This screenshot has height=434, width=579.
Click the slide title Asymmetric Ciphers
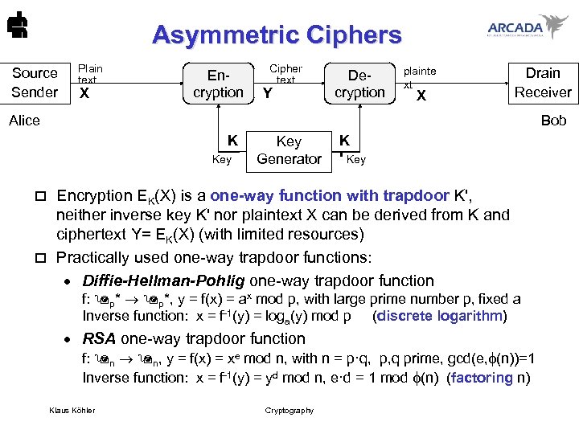tap(276, 35)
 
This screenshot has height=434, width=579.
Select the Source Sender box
tap(35, 82)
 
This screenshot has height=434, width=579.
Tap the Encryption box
tap(218, 84)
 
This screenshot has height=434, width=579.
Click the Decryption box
tap(359, 84)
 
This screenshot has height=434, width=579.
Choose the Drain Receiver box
tap(543, 82)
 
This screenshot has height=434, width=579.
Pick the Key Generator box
tap(289, 150)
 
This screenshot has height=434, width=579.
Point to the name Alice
tap(24, 121)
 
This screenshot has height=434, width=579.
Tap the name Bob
tap(553, 121)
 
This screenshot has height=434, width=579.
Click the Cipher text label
tap(285, 74)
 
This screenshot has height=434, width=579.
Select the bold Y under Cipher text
tap(268, 95)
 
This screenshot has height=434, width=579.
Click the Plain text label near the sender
tap(89, 74)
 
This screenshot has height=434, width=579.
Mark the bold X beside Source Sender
tap(83, 94)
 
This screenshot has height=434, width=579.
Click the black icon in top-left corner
tap(14, 29)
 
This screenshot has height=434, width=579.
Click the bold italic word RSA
tap(99, 338)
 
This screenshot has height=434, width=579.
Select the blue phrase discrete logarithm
tap(440, 316)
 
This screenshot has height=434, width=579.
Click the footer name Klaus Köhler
tap(72, 411)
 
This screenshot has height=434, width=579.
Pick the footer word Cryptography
tap(289, 411)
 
